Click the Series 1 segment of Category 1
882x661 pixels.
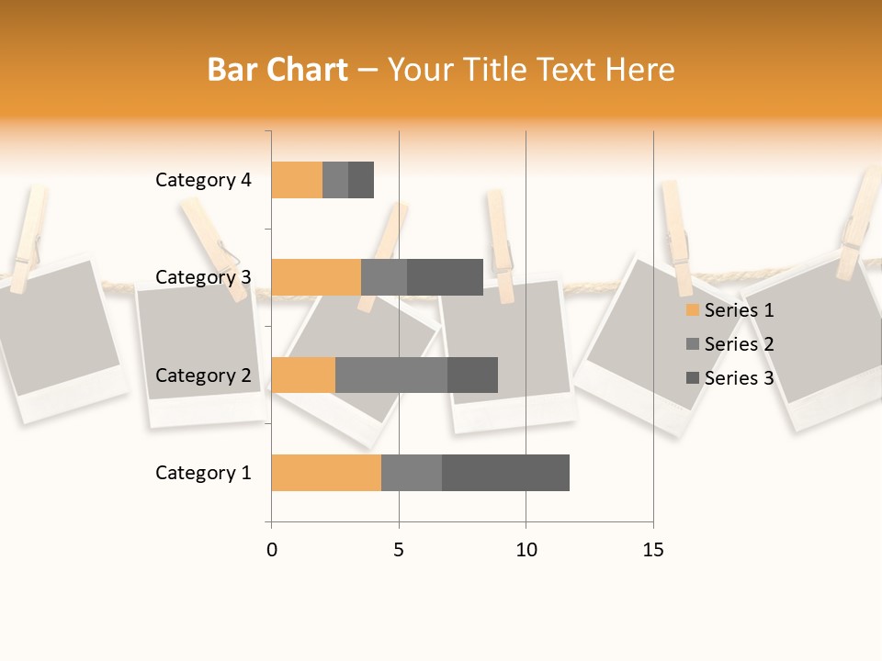point(326,473)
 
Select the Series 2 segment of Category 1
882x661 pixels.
point(412,473)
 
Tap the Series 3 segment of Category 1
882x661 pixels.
point(505,473)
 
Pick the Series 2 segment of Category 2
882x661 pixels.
point(391,375)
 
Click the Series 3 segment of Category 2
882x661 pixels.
point(472,375)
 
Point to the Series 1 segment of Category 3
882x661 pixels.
point(316,277)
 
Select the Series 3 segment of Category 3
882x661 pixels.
point(445,277)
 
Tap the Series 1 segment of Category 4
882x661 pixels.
point(297,180)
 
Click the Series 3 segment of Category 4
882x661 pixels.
point(361,180)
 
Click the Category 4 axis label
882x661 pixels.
point(203,180)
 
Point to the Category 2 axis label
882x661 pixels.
point(203,375)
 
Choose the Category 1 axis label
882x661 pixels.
point(203,473)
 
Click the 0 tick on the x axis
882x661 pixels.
point(272,550)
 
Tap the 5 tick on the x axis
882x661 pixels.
point(399,550)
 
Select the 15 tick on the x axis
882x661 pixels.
point(652,550)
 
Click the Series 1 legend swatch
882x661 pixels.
point(692,310)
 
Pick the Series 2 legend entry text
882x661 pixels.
point(739,344)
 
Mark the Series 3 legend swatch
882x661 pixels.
point(692,378)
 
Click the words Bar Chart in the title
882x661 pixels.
point(277,70)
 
